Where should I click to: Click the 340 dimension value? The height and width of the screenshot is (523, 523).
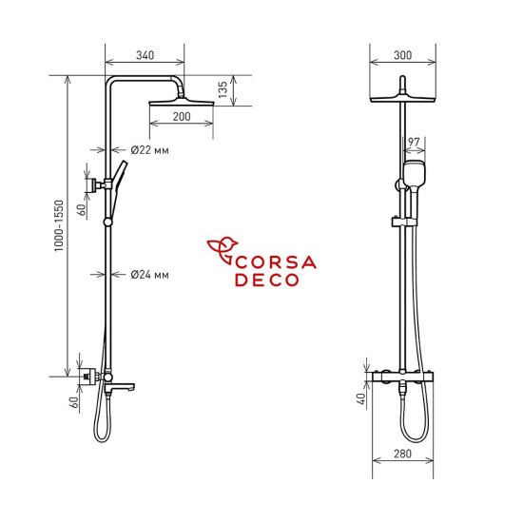coord(145,56)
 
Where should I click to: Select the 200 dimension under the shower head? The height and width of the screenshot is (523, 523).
coord(182,117)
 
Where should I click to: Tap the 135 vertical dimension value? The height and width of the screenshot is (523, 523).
coord(223,90)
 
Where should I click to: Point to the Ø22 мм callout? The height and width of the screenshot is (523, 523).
coord(149,149)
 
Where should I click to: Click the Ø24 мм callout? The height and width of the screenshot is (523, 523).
coord(149,275)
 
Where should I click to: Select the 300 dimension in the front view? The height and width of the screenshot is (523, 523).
coord(402,56)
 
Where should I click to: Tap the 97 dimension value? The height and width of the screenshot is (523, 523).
coord(413,143)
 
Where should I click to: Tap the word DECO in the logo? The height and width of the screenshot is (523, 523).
coord(267,281)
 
